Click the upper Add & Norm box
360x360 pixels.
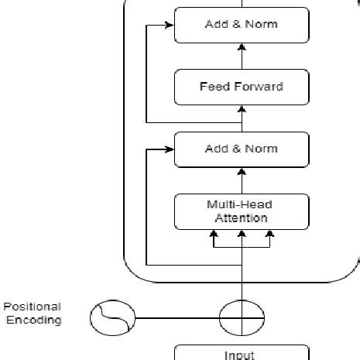click(242, 25)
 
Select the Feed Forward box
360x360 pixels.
click(242, 87)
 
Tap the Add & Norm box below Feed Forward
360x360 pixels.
click(242, 149)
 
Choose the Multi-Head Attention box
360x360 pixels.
click(242, 211)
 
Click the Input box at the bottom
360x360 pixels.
click(242, 353)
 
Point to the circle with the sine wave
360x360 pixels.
click(112, 317)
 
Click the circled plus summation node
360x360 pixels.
click(242, 317)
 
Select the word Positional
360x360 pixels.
click(32, 307)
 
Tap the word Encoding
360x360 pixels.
click(34, 320)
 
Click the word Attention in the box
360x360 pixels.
click(241, 218)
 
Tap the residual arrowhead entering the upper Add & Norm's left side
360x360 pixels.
click(170, 25)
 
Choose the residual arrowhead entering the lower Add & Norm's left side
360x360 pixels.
click(170, 149)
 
